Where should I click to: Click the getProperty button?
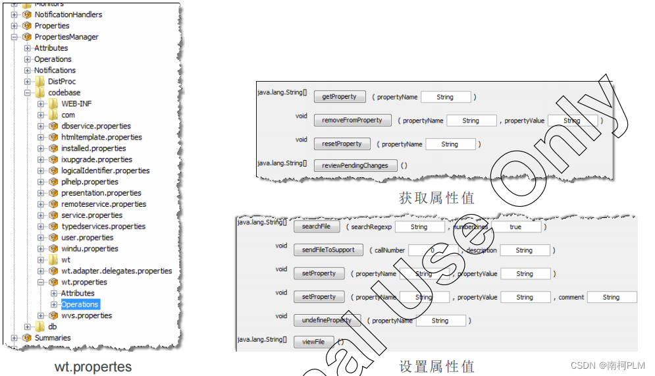coord(339,97)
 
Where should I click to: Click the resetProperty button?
coord(342,144)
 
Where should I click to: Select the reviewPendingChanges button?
coord(355,165)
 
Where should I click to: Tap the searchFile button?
coord(316,227)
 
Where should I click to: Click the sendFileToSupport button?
coord(328,250)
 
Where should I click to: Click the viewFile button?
coord(313,342)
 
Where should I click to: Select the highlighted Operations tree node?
coord(80,304)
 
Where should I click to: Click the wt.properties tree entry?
coord(84,282)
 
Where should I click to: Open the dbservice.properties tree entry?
coord(95,126)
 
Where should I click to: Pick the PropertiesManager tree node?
coord(66,37)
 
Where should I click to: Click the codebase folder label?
coord(64,92)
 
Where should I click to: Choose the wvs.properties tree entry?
coord(86,315)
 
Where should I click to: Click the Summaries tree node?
coord(52,338)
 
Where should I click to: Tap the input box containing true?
coord(515,227)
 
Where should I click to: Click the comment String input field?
coord(611,297)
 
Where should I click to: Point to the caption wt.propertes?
coord(93,367)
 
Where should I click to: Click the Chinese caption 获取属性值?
coord(436,198)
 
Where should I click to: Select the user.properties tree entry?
coord(87,237)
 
